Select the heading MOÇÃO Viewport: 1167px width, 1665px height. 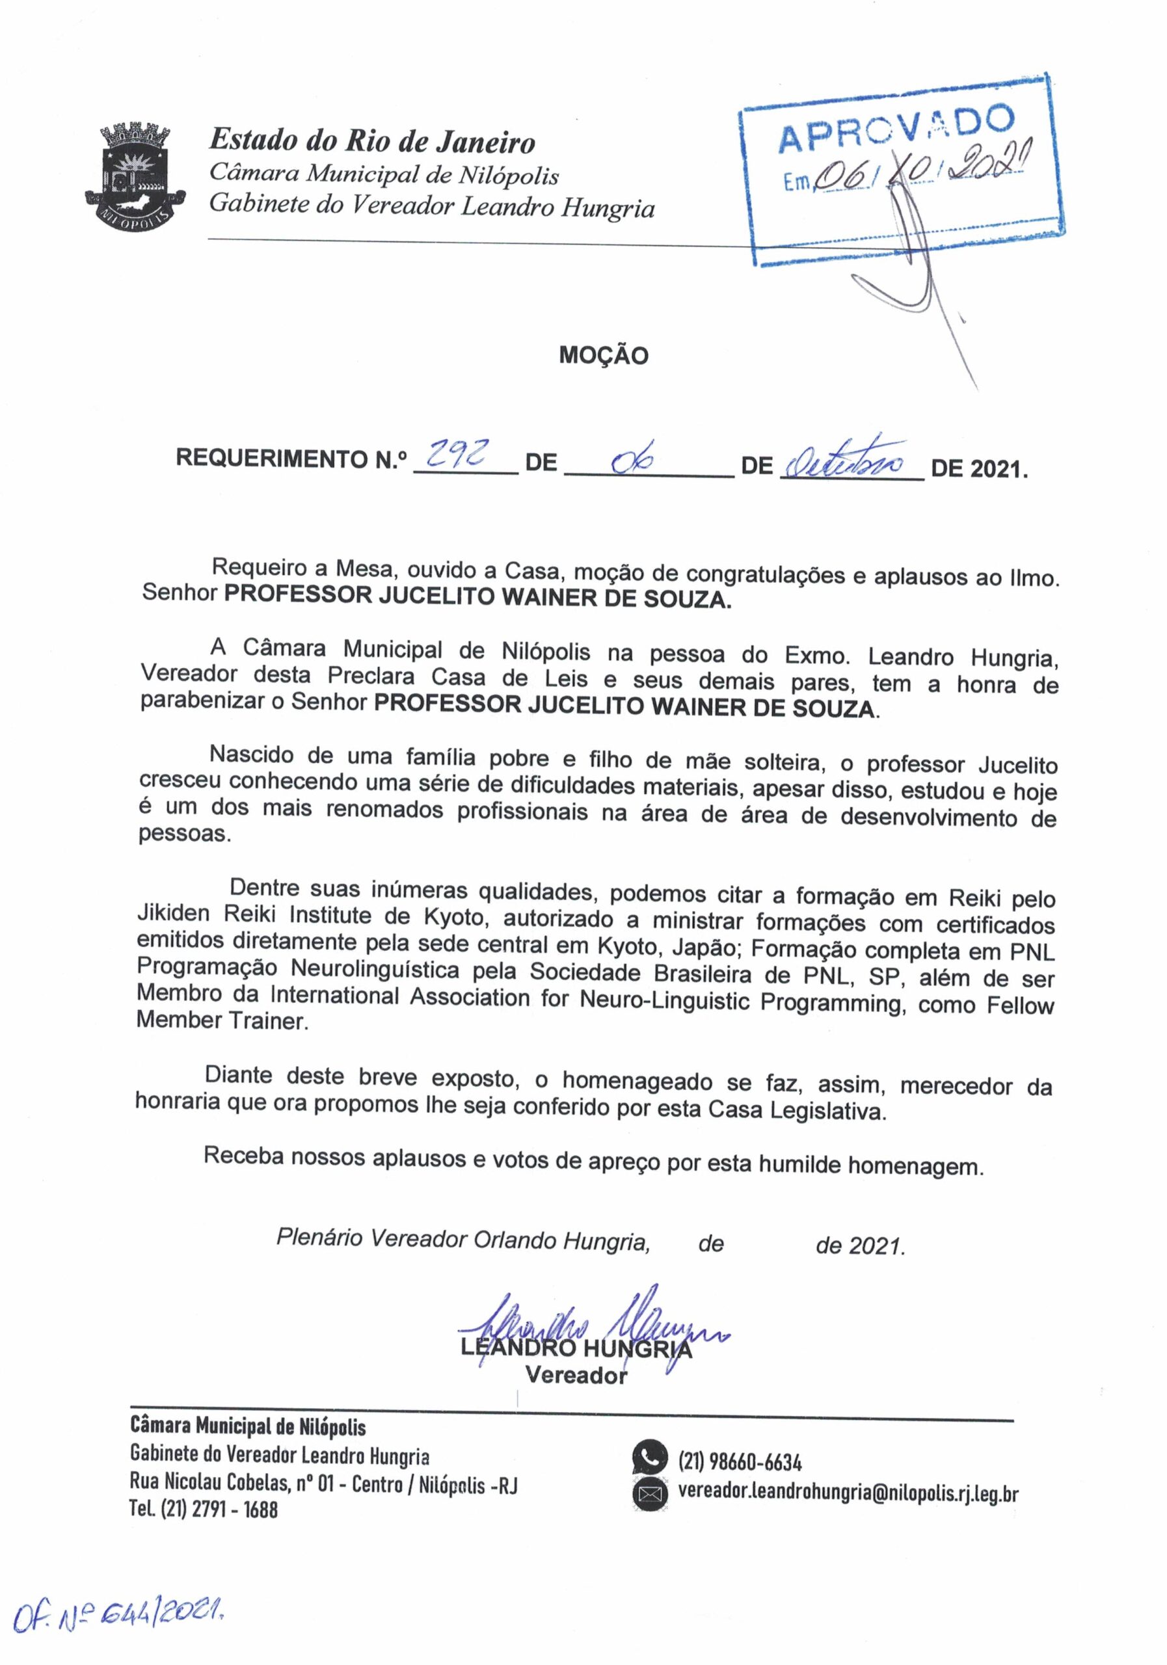604,355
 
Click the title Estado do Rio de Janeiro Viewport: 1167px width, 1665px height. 372,140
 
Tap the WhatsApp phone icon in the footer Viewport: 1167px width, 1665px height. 649,1458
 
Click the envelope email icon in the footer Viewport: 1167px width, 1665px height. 650,1495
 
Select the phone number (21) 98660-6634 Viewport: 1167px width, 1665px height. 740,1461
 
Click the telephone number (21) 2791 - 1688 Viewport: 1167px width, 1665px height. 204,1509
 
